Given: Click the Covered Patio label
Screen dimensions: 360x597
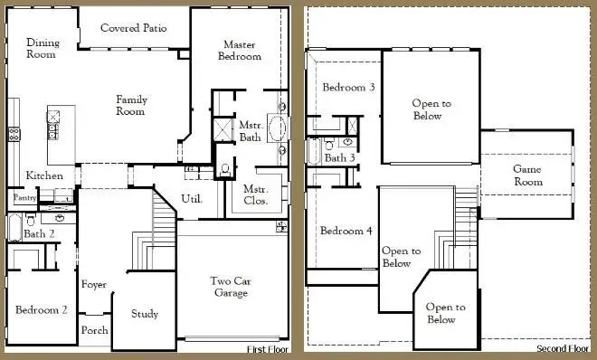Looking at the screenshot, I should (x=132, y=28).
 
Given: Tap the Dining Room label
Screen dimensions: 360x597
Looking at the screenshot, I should (x=41, y=48).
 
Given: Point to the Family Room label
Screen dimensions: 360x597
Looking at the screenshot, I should (x=131, y=105).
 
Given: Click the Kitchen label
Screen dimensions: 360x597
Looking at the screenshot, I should (x=44, y=175).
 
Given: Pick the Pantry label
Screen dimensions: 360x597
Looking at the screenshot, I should (x=23, y=197).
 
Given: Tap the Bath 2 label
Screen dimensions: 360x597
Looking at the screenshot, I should (x=40, y=234).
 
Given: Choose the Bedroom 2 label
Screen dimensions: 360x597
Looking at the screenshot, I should (x=42, y=310).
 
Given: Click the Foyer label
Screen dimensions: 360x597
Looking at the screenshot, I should (x=94, y=285).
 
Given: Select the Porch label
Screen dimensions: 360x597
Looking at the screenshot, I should (x=95, y=330).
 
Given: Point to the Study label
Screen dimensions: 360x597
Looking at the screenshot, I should (x=145, y=314).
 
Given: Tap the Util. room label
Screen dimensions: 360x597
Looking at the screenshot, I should (x=191, y=198).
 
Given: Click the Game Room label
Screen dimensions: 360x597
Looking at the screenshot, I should (x=527, y=175).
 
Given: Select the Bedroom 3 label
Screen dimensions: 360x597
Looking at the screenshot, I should (x=349, y=88).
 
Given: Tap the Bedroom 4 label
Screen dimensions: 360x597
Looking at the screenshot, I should (x=346, y=231).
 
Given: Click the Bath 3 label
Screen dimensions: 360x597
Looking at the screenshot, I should (x=340, y=158).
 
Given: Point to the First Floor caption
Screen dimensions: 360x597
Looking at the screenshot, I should (x=268, y=348).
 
